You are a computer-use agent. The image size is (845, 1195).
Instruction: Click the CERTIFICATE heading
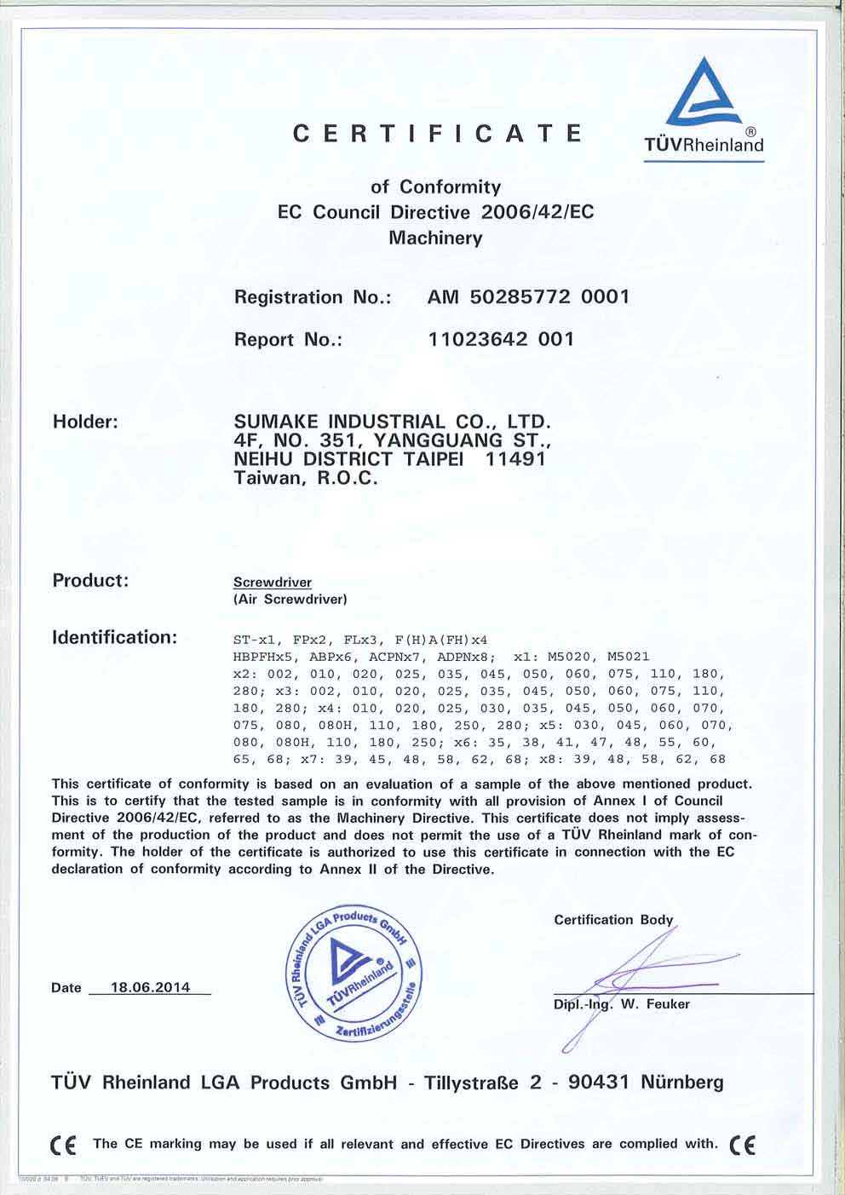438,134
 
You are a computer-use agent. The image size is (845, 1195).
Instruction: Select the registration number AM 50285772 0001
528,296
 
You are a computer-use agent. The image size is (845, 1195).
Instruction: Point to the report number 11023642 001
501,339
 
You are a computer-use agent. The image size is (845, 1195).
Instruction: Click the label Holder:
85,422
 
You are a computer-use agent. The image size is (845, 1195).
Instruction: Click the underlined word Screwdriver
273,583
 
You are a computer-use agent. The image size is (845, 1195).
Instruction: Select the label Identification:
115,637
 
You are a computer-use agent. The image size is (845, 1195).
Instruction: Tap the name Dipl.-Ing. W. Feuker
622,1003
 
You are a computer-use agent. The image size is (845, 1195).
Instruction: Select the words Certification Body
613,920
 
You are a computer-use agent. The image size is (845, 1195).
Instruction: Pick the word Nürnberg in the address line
681,1083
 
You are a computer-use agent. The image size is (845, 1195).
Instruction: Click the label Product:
90,581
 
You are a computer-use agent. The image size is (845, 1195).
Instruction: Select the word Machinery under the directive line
435,238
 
